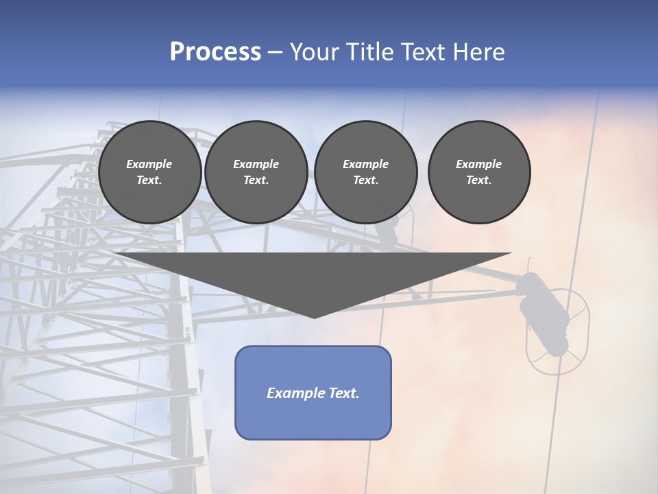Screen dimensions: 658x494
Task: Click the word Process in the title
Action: pyautogui.click(x=215, y=52)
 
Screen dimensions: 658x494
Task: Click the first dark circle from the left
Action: pyautogui.click(x=149, y=172)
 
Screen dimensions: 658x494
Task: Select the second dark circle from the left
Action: pyautogui.click(x=256, y=172)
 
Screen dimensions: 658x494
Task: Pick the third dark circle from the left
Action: pyautogui.click(x=366, y=172)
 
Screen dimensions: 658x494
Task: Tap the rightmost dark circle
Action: pyautogui.click(x=479, y=172)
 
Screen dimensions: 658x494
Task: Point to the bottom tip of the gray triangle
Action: pyautogui.click(x=314, y=316)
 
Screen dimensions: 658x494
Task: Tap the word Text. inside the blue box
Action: pyautogui.click(x=342, y=393)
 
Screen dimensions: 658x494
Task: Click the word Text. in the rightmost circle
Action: pyautogui.click(x=479, y=180)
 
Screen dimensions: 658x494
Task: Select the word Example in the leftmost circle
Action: pyautogui.click(x=149, y=164)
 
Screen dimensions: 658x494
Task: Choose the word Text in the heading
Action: pyautogui.click(x=421, y=52)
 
